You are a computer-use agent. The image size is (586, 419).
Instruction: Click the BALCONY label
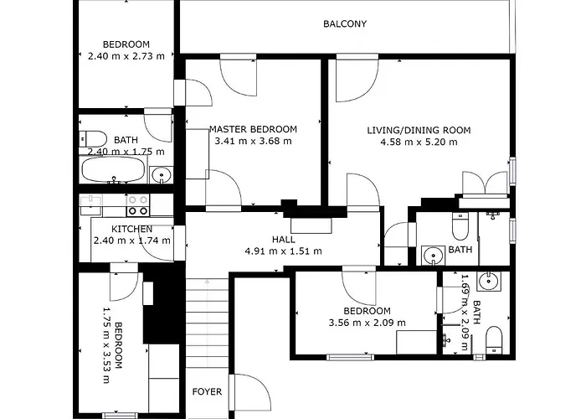click(x=345, y=24)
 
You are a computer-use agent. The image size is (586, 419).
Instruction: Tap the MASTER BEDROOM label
click(x=253, y=129)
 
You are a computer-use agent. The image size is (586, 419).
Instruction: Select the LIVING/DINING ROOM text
click(x=419, y=130)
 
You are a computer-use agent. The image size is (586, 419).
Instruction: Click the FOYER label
click(x=207, y=391)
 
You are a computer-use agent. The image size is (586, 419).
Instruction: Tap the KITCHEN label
click(x=131, y=229)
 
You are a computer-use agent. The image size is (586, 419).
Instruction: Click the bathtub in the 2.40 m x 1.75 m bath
click(x=114, y=170)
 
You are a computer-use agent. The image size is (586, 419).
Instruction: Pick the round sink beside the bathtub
click(x=162, y=175)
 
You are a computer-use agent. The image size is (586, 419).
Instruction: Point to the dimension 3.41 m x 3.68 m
click(x=254, y=141)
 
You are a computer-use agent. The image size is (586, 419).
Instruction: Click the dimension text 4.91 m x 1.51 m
click(x=283, y=251)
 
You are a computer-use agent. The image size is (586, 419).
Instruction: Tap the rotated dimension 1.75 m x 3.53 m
click(x=105, y=344)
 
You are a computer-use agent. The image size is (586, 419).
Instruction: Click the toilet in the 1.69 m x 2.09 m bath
click(x=494, y=338)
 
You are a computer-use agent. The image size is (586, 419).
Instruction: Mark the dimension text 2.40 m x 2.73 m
click(x=126, y=56)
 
